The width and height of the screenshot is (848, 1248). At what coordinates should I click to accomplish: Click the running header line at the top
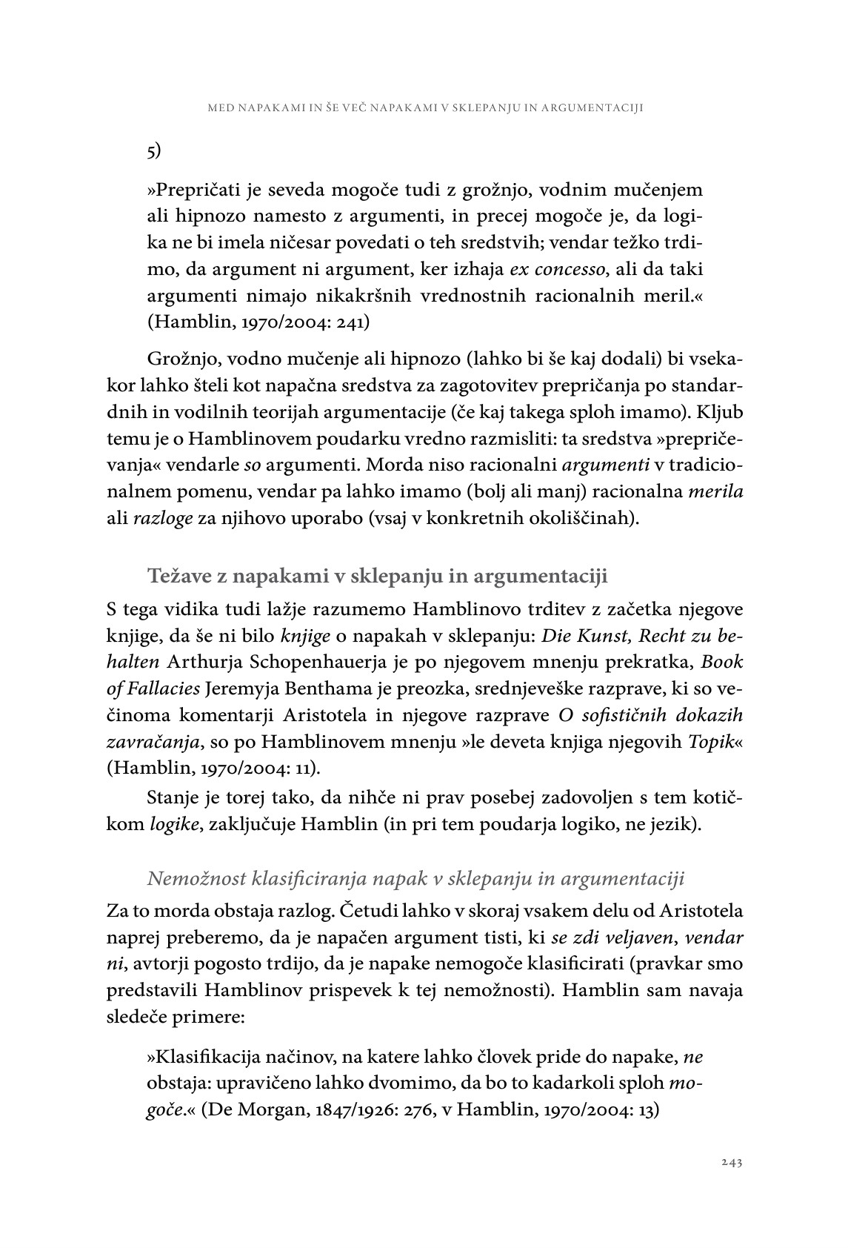click(425, 108)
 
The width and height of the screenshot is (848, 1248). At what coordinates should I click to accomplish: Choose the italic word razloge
click(162, 517)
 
